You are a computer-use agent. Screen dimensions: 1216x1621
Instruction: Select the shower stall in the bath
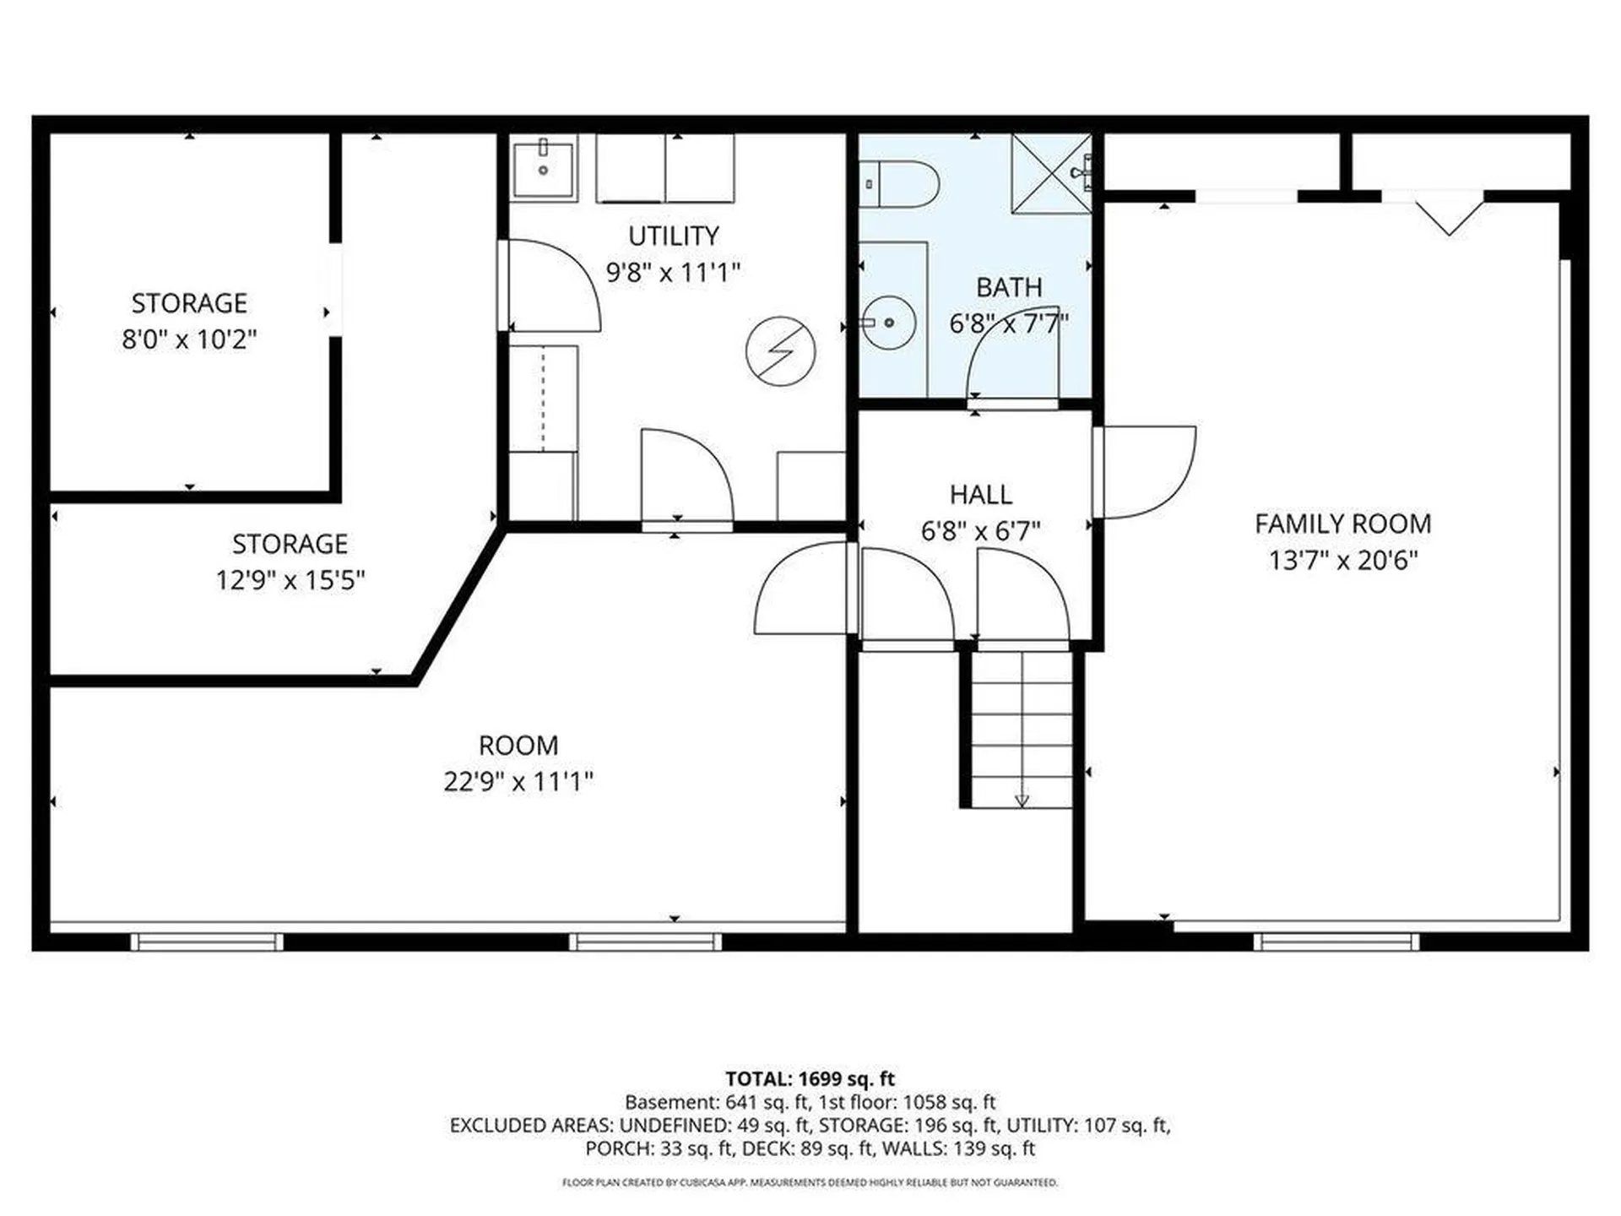tap(1051, 173)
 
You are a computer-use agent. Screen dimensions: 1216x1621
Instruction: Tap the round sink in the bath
tap(889, 322)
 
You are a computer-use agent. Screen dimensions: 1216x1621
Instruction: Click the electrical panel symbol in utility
tap(781, 351)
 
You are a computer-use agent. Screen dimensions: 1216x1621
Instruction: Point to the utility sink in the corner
tap(544, 170)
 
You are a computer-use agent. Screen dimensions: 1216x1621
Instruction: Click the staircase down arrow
tap(1022, 798)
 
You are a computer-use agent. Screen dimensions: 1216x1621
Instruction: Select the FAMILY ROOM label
tap(1342, 524)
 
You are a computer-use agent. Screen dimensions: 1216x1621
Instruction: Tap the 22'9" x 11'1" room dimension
tap(518, 782)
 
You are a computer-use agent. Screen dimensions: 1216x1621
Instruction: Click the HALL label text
tap(980, 494)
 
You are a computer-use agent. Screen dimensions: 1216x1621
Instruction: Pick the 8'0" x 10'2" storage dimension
tap(189, 339)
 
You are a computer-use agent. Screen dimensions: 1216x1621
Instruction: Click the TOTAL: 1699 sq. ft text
tap(810, 1078)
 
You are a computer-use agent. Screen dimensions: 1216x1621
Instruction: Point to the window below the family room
tap(1336, 942)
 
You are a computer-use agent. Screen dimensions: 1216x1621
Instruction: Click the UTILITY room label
tap(674, 236)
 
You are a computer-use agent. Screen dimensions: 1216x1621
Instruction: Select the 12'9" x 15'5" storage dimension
tap(290, 580)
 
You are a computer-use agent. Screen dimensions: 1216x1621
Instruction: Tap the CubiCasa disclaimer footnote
tap(810, 1182)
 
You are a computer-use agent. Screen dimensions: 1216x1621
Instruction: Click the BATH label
tap(1009, 287)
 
